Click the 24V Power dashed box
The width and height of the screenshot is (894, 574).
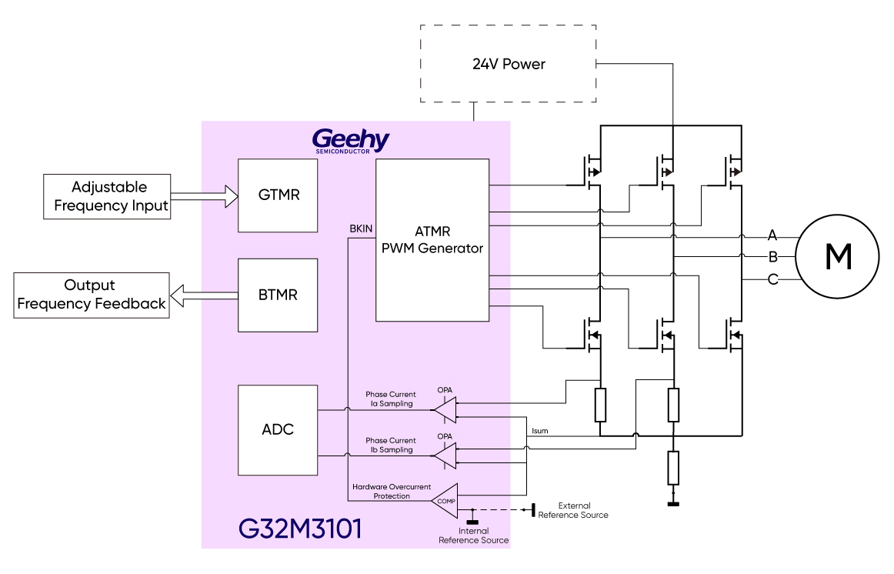click(x=508, y=64)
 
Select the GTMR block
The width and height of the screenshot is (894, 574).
click(x=278, y=195)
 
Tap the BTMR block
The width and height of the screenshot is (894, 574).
click(x=278, y=295)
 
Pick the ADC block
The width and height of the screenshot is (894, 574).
click(x=278, y=429)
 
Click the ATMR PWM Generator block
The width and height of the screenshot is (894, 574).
click(x=432, y=239)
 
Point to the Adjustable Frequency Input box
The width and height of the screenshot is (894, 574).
click(x=108, y=196)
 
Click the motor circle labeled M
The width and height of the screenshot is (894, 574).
click(x=837, y=257)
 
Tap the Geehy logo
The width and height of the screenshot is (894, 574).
click(x=350, y=141)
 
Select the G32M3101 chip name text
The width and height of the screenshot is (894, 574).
click(x=300, y=529)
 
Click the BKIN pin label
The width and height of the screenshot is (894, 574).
click(x=361, y=229)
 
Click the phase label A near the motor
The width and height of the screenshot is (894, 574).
click(x=772, y=234)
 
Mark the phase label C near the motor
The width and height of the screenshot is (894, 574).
click(x=772, y=279)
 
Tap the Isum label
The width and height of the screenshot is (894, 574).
click(x=540, y=431)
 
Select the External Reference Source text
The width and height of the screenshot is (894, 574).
click(x=573, y=510)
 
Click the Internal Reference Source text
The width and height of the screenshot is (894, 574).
click(x=473, y=536)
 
